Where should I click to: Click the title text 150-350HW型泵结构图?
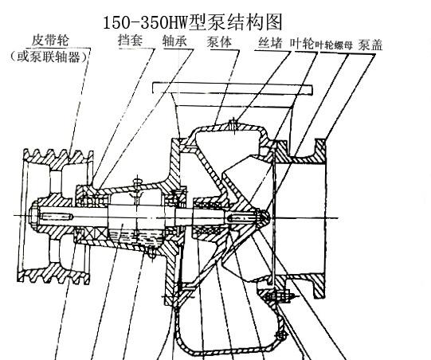pos(193,22)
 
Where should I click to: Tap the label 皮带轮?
pos(50,41)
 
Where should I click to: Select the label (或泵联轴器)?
pos(49,57)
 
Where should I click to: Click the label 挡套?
pos(131,40)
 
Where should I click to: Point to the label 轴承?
pos(174,41)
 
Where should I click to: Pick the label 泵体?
pos(219,41)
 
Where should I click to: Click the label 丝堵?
pos(270,43)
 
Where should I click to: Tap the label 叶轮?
pos(302,44)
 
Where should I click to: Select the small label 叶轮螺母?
pos(334,45)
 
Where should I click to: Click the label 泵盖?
pos(370,45)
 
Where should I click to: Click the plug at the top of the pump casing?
pos(233,125)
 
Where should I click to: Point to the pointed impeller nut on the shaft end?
pos(263,216)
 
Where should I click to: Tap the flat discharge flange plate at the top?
pos(233,88)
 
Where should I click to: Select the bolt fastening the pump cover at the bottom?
pos(277,297)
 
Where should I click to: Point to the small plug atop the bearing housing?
pos(138,182)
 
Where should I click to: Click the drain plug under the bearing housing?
pos(152,252)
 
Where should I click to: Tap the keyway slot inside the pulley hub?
pos(57,217)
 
